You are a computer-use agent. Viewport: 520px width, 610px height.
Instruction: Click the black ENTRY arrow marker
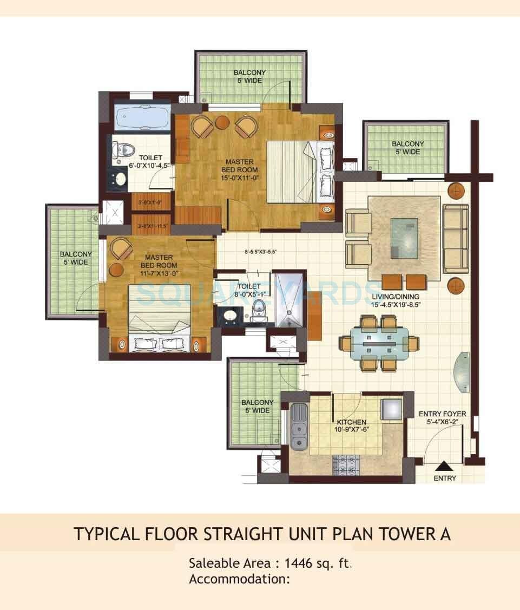[x=444, y=465]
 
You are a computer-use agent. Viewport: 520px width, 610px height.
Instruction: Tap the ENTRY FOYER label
[x=442, y=414]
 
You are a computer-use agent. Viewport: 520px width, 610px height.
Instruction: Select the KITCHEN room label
[x=352, y=422]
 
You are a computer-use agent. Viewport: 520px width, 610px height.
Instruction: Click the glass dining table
[x=379, y=344]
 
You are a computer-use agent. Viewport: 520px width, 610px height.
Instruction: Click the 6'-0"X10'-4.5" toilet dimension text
[x=142, y=166]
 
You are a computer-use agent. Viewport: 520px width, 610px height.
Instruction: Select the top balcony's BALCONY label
[x=249, y=73]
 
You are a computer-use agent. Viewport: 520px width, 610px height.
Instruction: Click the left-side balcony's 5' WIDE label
[x=75, y=262]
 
